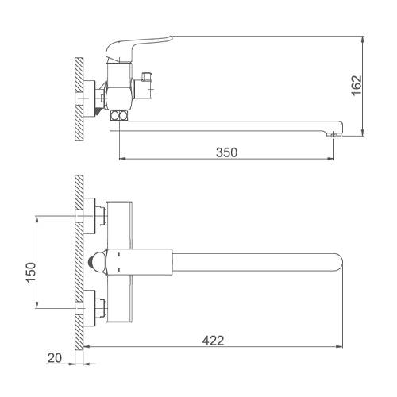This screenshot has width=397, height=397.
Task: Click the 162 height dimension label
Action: point(357,86)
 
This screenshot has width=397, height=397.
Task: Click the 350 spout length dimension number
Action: point(227,152)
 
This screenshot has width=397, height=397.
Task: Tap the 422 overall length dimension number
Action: point(213,341)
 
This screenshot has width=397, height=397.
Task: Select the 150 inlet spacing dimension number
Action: point(31,272)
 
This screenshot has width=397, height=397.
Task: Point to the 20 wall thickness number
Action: point(55,358)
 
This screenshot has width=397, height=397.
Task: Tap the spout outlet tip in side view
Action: point(334,135)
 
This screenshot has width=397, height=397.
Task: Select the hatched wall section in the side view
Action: point(79,99)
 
